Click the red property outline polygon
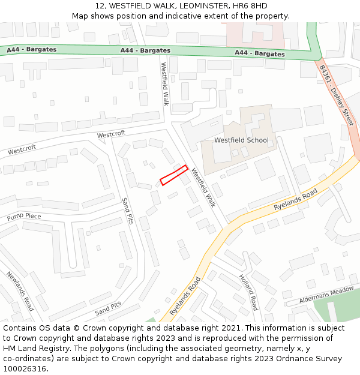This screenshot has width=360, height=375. click(x=174, y=175)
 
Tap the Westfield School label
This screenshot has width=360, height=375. click(x=241, y=140)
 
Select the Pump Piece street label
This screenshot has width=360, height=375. click(x=24, y=215)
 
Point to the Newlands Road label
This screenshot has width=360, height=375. click(x=20, y=292)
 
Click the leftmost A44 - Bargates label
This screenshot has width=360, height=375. click(x=31, y=49)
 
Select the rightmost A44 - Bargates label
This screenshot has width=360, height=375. click(x=260, y=53)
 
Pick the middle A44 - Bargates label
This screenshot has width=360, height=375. click(x=145, y=50)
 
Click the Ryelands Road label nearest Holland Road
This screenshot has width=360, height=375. click(x=185, y=296)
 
